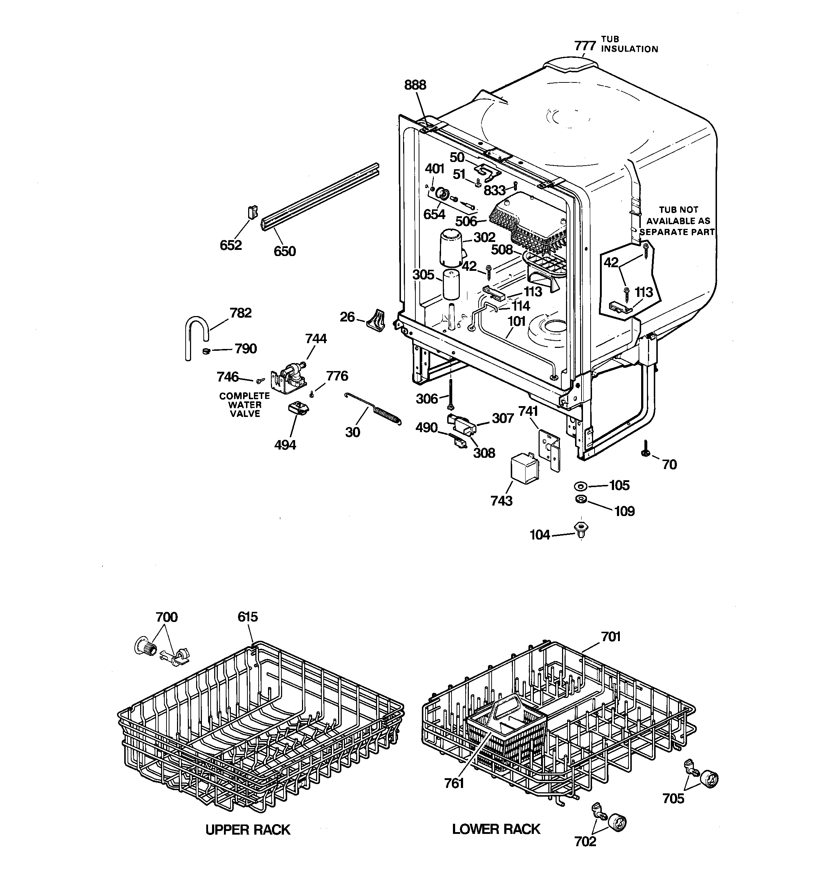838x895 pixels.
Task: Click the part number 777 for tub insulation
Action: pyautogui.click(x=585, y=46)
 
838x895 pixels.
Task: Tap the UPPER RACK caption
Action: pyautogui.click(x=248, y=830)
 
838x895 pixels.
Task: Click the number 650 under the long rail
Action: pyautogui.click(x=285, y=251)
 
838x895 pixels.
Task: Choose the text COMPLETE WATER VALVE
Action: pyautogui.click(x=245, y=404)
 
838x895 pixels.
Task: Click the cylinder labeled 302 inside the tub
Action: pyautogui.click(x=451, y=247)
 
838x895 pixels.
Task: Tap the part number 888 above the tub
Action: pyautogui.click(x=415, y=85)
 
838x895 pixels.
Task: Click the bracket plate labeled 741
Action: pyautogui.click(x=549, y=448)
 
